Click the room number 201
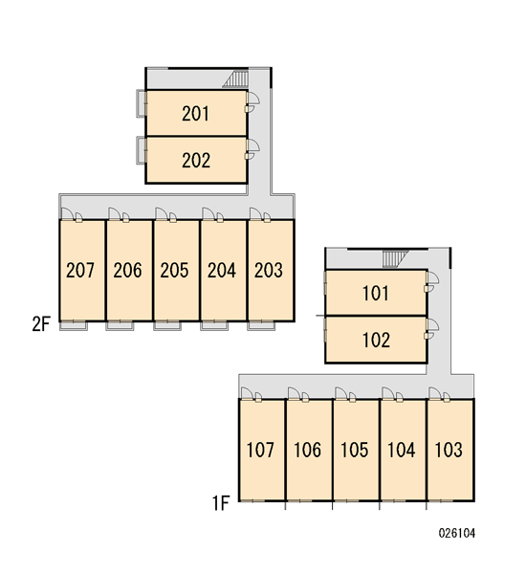coord(196,114)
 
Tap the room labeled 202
coord(196,161)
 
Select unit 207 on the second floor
coord(80,270)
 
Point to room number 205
coord(174,270)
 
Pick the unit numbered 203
coord(269,270)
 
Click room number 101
coord(376,294)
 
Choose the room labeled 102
coord(376,340)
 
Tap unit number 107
coord(260,450)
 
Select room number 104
coord(401,450)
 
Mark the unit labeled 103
coord(449,450)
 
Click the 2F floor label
coord(40,324)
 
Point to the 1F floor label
coord(221,503)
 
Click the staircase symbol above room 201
coord(235,79)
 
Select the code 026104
coord(457,533)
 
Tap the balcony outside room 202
coord(141,150)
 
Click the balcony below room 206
coord(120,325)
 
